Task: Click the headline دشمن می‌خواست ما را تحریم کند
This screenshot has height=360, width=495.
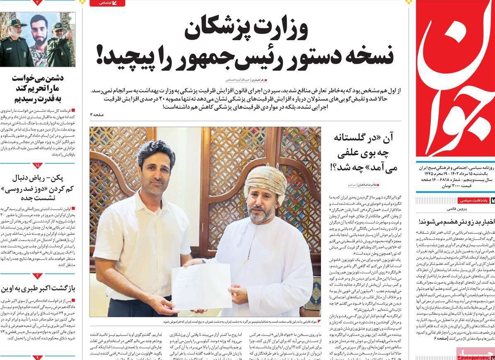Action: click(x=37, y=88)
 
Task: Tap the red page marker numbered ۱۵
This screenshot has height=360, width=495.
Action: click(x=37, y=166)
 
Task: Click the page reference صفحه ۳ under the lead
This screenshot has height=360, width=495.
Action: click(x=98, y=114)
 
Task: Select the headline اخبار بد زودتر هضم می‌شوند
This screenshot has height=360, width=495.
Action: click(x=456, y=221)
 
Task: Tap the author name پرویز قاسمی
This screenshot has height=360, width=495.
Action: click(x=457, y=209)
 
